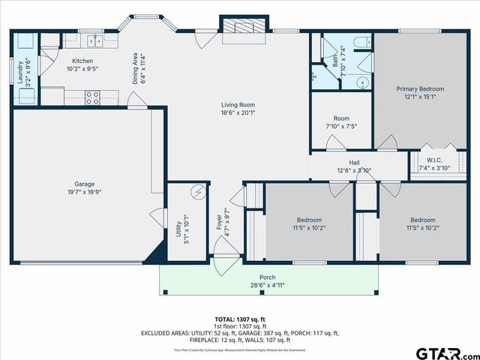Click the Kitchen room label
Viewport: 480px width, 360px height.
click(82, 61)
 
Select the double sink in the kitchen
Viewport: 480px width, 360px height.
click(94, 41)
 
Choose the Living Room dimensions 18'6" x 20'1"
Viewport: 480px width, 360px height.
click(238, 112)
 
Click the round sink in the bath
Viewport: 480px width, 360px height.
click(361, 83)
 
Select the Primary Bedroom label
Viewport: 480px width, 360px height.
click(420, 88)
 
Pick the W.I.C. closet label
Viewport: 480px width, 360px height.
click(434, 159)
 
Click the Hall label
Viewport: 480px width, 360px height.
click(354, 162)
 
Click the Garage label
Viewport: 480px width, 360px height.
click(83, 183)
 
